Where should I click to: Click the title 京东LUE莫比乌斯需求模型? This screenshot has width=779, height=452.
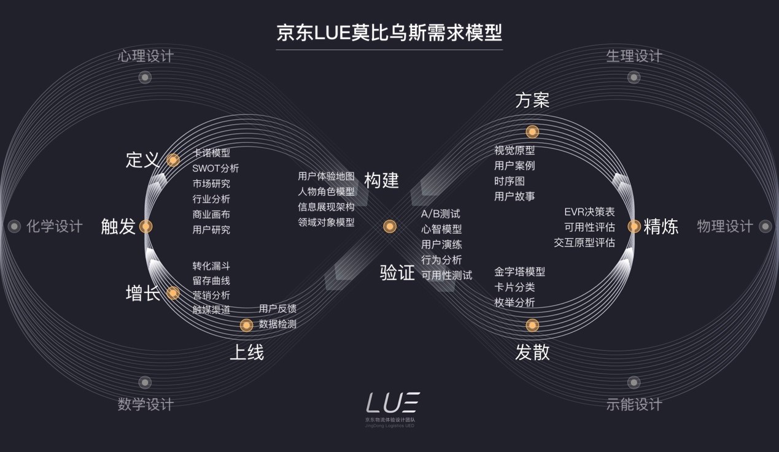[x=389, y=32]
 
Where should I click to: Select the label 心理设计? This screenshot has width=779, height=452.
[x=145, y=56]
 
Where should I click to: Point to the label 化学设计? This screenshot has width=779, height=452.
[x=54, y=226]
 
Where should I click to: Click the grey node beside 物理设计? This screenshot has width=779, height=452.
[x=765, y=226]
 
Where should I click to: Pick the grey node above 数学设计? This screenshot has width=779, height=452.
[x=145, y=382]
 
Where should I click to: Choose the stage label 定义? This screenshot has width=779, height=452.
[x=142, y=160]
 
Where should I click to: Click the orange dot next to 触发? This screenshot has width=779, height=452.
[x=145, y=226]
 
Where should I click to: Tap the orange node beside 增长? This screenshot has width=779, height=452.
[x=173, y=293]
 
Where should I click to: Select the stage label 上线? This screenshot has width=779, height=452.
[x=246, y=353]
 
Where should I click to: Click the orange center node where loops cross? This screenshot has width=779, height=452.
[x=389, y=226]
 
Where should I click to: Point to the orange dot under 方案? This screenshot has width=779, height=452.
[x=532, y=131]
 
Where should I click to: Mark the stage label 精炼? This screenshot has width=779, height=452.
[x=661, y=227]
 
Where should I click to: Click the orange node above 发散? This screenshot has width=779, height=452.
[x=532, y=325]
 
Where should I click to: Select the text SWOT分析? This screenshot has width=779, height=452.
[x=215, y=168]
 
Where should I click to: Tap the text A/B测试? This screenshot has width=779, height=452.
[x=440, y=213]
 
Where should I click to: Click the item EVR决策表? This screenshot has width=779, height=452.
[x=589, y=212]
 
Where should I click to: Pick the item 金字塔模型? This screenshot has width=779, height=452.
[x=519, y=271]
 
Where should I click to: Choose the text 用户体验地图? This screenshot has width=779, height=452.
[x=326, y=176]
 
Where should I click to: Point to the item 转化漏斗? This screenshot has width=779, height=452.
[x=211, y=266]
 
